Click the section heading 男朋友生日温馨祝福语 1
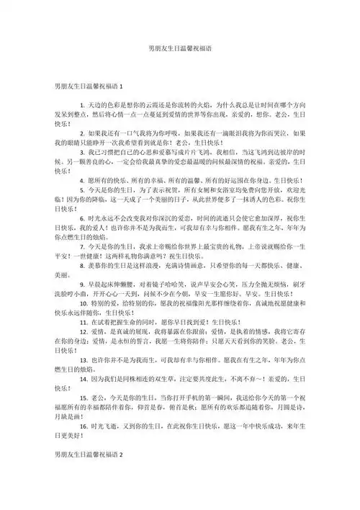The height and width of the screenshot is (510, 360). click(89, 86)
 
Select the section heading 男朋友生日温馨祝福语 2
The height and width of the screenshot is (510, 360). click(89, 456)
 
